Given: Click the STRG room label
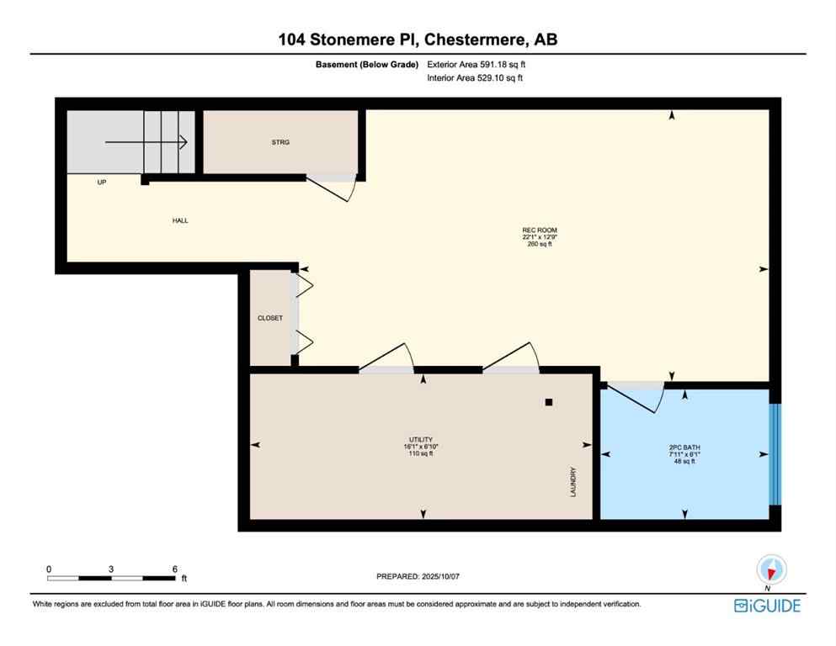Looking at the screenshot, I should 280,142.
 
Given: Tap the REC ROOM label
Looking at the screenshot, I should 540,230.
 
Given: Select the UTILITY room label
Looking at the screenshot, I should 420,440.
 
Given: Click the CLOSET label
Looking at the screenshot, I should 270,318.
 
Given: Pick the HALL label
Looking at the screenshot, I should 180,220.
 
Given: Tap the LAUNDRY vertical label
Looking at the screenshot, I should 572,482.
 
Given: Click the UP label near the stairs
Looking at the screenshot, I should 102,182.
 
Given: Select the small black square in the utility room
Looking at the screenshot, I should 549,402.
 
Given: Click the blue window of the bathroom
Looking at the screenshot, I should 775,454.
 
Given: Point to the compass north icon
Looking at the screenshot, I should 771,569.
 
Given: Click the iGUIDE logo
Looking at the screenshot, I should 767,606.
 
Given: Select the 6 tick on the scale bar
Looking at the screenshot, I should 174,569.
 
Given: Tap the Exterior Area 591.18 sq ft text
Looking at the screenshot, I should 481,64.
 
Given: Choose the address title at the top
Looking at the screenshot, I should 418,39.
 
